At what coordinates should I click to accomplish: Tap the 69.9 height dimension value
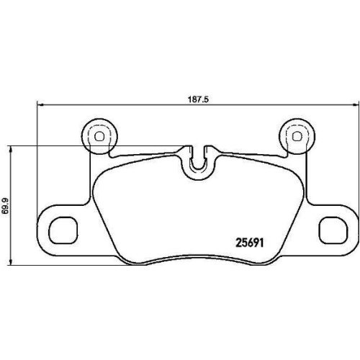click(6, 205)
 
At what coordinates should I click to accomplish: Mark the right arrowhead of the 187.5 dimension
click(354, 107)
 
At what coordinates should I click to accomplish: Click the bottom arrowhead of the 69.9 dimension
click(11, 264)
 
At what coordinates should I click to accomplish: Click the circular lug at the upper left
click(99, 134)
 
